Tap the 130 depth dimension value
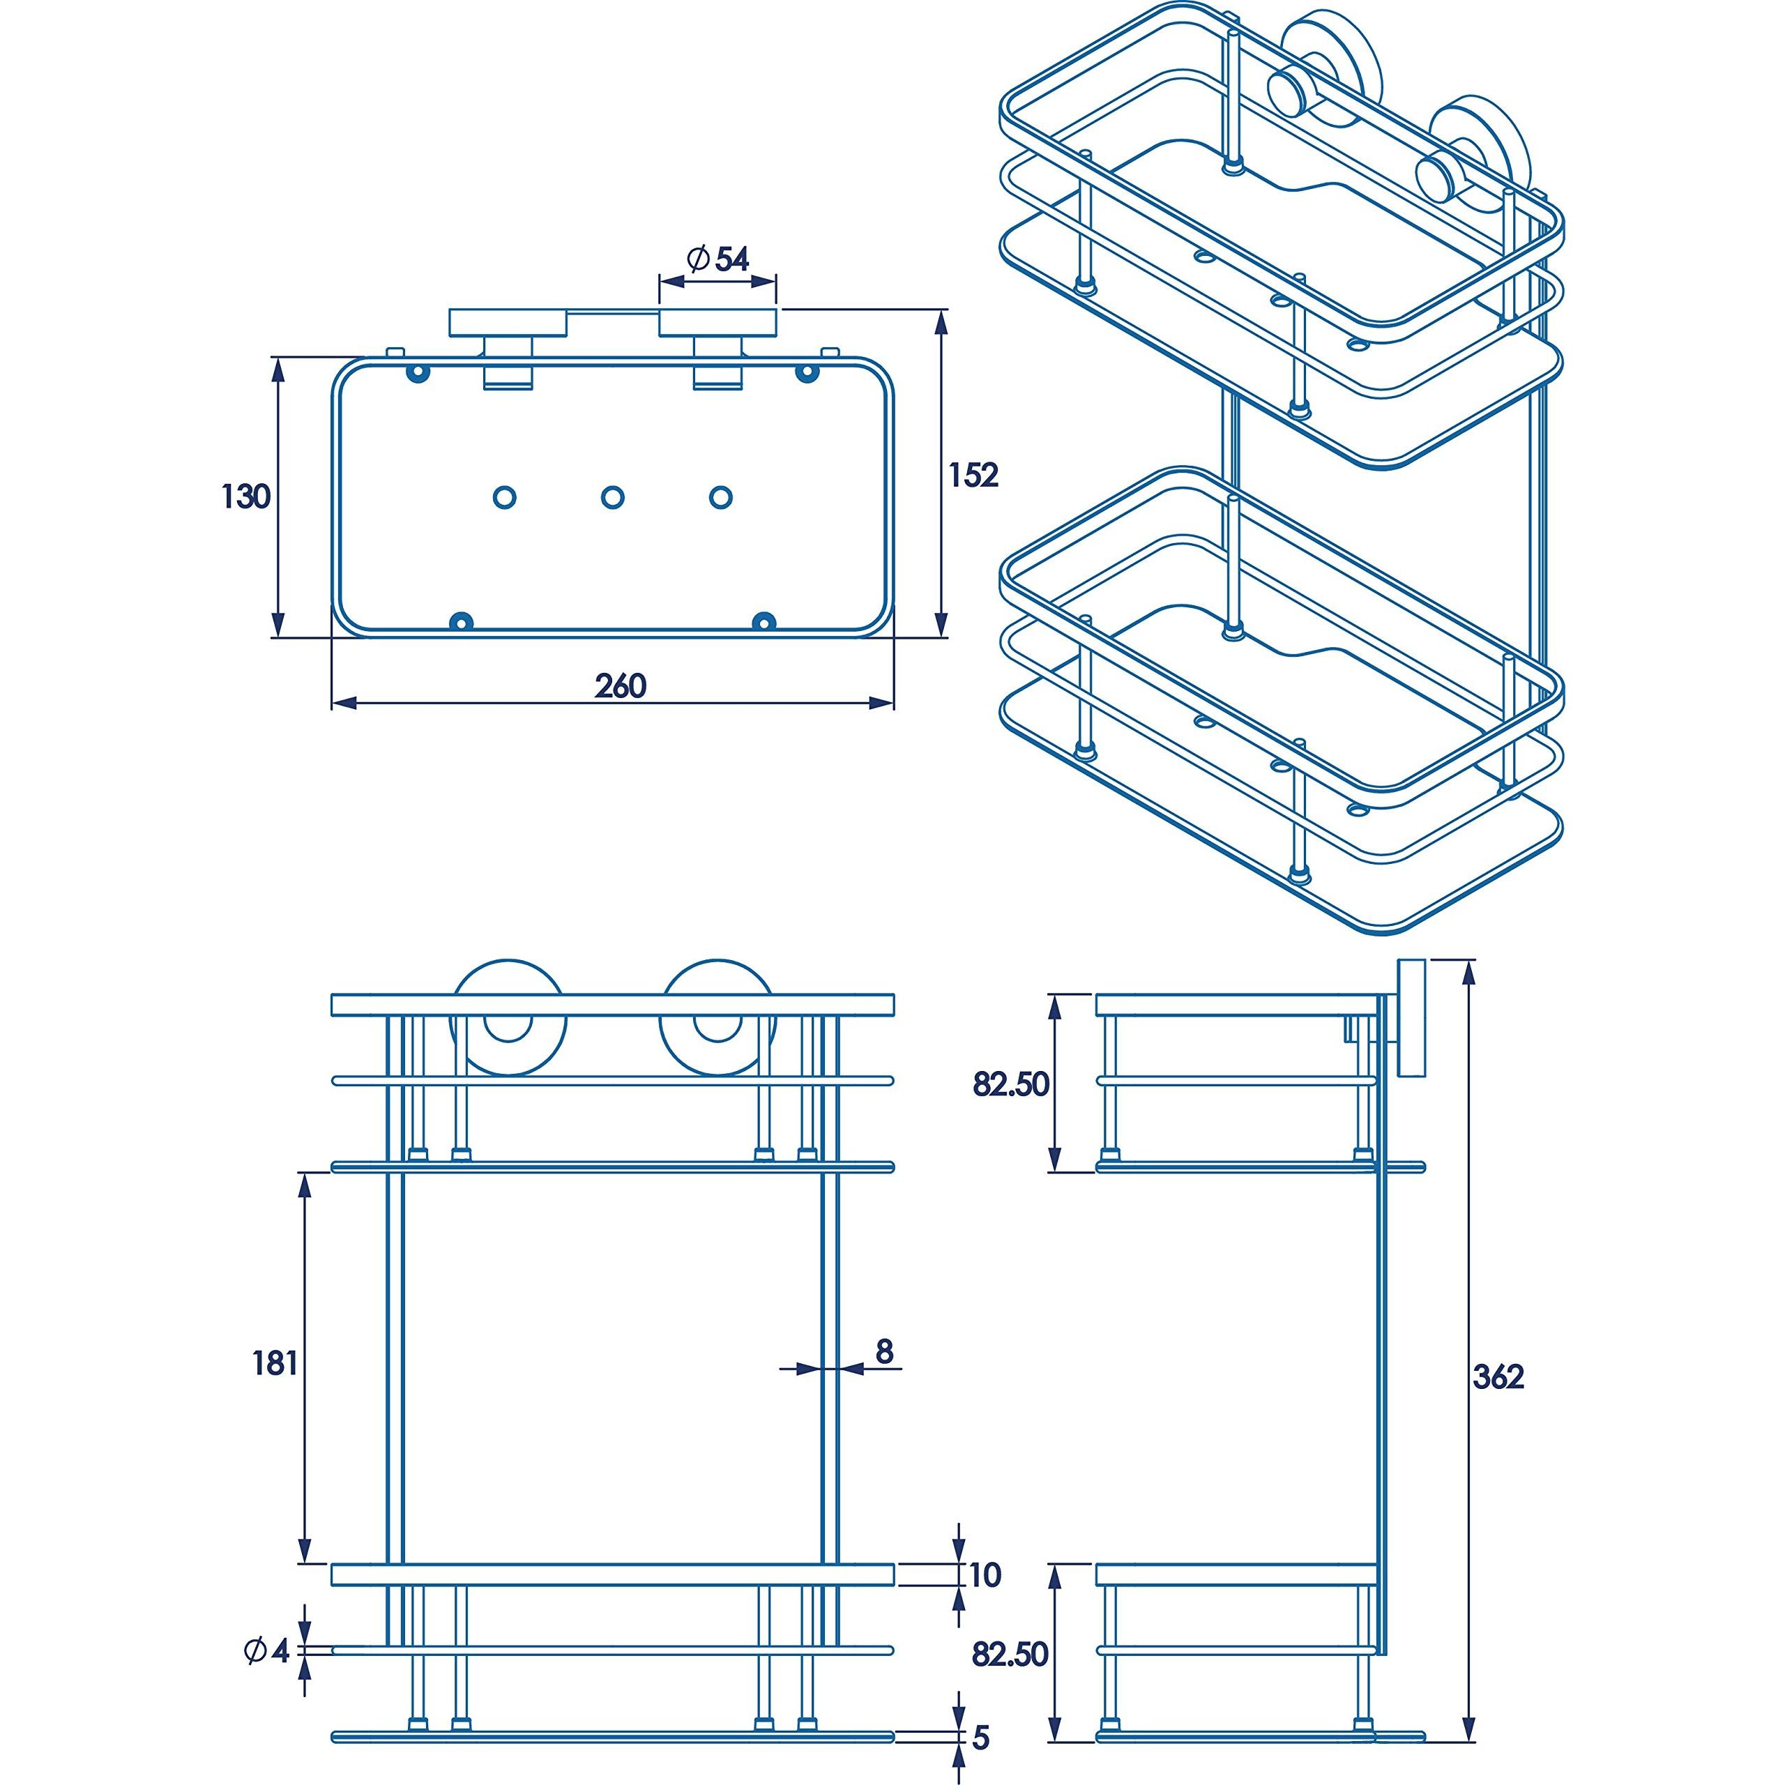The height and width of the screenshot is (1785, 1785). point(245,497)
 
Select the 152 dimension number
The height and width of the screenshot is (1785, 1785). point(974,475)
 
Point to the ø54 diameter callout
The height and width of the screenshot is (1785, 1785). point(718,259)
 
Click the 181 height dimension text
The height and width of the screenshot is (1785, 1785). point(275,1362)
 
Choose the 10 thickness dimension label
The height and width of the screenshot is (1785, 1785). point(986,1574)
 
